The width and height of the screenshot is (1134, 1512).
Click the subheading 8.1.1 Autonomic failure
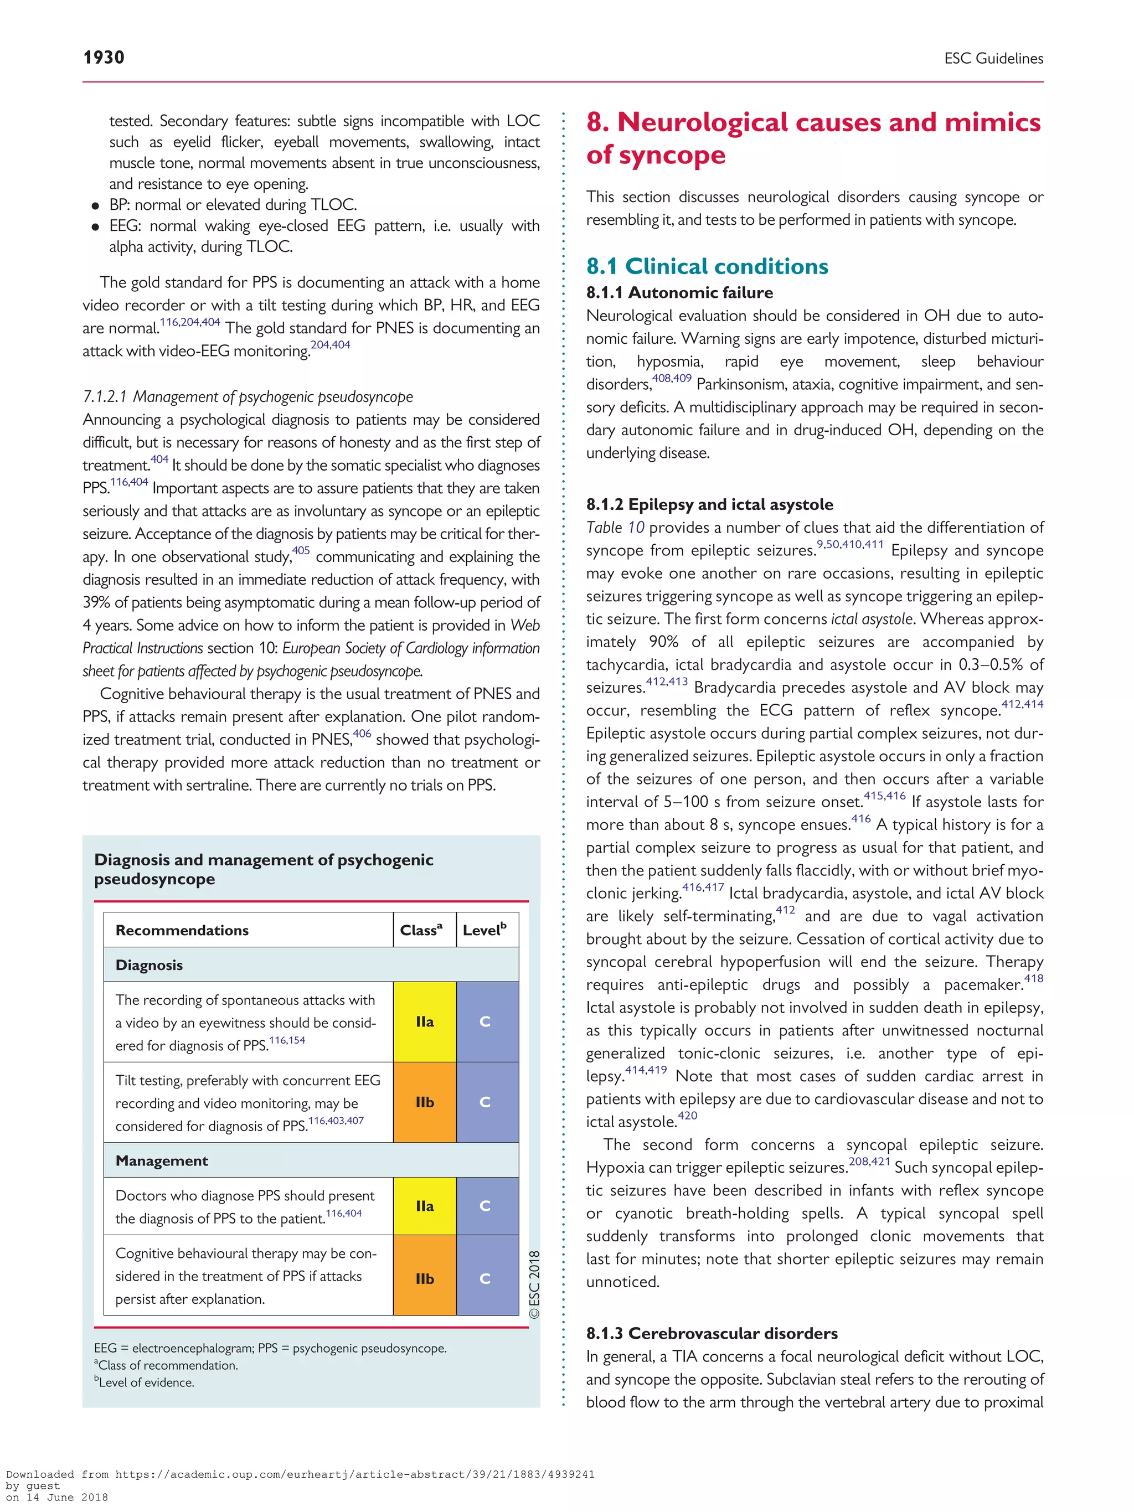(x=679, y=292)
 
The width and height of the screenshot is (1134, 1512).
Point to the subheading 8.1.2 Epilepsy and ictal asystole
(x=709, y=504)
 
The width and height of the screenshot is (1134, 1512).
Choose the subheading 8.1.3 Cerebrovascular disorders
(x=711, y=1333)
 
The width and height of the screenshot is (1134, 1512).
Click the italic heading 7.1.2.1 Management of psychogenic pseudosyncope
(x=248, y=396)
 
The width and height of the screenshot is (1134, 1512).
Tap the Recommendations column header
(x=182, y=930)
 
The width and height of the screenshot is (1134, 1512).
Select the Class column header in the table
(x=421, y=930)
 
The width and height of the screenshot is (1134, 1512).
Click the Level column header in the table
(x=484, y=930)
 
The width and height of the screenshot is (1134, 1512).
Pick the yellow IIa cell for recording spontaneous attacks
(x=425, y=1021)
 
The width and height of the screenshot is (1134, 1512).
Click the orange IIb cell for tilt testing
(x=425, y=1102)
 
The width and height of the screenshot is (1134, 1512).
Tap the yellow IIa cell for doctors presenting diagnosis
(x=425, y=1206)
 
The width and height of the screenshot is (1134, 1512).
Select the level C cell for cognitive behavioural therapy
(x=485, y=1278)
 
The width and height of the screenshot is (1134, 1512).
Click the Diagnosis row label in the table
(x=149, y=965)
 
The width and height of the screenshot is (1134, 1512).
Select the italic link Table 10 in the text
(x=615, y=528)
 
